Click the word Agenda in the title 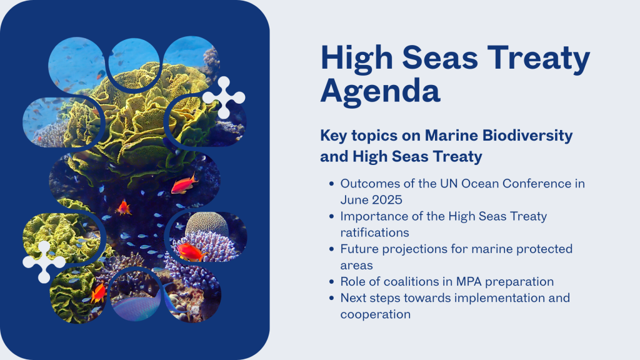(x=381, y=91)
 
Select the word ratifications (x=375, y=232)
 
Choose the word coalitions (x=416, y=281)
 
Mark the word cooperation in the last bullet (x=376, y=314)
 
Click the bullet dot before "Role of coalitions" (x=331, y=282)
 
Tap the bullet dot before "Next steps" (x=331, y=298)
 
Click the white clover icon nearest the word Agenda (x=224, y=98)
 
